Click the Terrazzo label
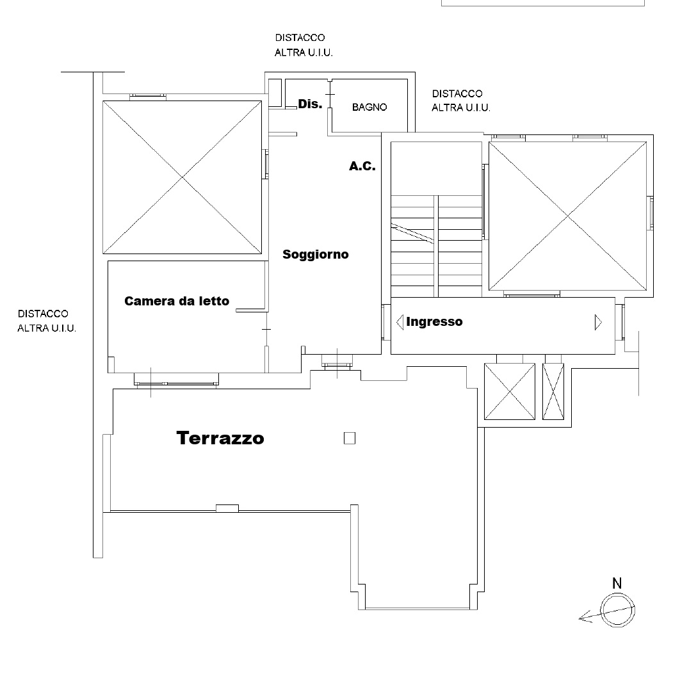(x=220, y=438)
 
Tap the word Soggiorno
(x=316, y=254)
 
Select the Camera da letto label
(x=177, y=301)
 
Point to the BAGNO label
(x=369, y=107)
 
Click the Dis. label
(x=310, y=104)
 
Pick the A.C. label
(x=362, y=166)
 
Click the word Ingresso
(x=434, y=321)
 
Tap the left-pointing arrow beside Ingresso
(x=400, y=322)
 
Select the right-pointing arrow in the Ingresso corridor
(x=598, y=322)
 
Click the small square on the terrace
(x=350, y=438)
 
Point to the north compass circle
(x=617, y=610)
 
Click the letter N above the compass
(x=617, y=583)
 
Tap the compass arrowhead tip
(x=579, y=618)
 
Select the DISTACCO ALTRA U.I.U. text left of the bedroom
(x=47, y=321)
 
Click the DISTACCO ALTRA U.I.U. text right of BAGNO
(x=461, y=101)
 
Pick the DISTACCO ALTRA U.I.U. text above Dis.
(x=304, y=45)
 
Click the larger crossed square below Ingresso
(x=510, y=391)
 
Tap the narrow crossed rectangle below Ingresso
(x=553, y=391)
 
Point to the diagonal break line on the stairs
(x=412, y=233)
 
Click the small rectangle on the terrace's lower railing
(x=227, y=508)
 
